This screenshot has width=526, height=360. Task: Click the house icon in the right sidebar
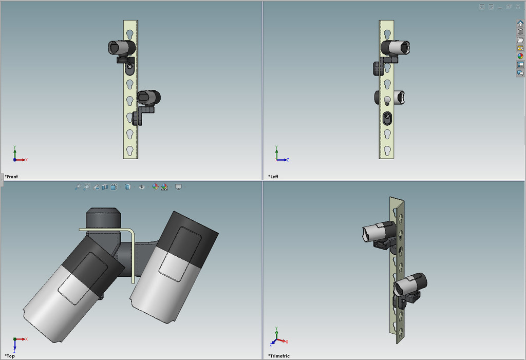pos(520,23)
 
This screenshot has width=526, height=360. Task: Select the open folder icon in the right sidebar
pos(520,40)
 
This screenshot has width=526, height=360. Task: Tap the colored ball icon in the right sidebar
pos(520,56)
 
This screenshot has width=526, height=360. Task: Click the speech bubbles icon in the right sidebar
pos(520,73)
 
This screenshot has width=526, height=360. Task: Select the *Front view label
pos(11,177)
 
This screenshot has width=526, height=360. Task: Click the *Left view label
pos(273,177)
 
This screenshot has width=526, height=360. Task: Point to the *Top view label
pos(10,356)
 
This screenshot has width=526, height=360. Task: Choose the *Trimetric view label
pos(278,356)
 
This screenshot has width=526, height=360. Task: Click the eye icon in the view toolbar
pos(142,187)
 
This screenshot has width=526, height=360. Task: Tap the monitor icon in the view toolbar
pos(178,187)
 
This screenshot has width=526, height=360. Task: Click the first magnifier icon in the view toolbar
pos(78,187)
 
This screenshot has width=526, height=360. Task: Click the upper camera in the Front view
pos(122,48)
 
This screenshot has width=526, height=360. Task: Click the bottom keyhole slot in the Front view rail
pos(130,150)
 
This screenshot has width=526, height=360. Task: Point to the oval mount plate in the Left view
pos(387,118)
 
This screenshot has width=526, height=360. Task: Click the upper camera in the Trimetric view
pos(379,232)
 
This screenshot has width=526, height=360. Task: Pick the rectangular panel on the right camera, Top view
pos(177,254)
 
